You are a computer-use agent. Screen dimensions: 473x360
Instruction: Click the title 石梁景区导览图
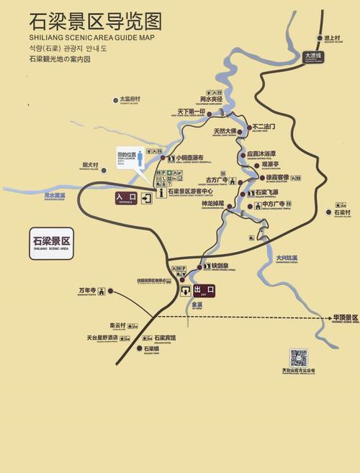[95, 21]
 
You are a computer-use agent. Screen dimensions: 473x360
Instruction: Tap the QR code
[298, 357]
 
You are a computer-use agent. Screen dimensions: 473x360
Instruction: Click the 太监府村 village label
[130, 99]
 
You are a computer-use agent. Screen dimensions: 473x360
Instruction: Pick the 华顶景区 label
[345, 317]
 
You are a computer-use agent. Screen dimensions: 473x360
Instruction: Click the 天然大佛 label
[225, 132]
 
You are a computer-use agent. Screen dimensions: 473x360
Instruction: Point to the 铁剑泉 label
[220, 266]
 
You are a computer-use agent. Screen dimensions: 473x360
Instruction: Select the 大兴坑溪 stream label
[287, 258]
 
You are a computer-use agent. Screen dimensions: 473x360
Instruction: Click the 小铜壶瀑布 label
[190, 158]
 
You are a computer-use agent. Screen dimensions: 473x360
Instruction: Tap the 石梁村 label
[343, 212]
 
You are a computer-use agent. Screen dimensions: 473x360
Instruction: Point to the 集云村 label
[117, 325]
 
